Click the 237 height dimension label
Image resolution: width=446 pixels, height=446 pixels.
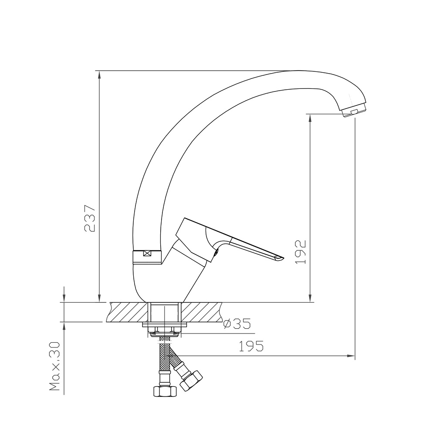click(90, 218)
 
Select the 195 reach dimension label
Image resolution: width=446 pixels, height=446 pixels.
click(251, 347)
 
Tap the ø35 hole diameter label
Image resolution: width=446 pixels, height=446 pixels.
click(237, 324)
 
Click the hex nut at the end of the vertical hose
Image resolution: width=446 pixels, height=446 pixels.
click(164, 390)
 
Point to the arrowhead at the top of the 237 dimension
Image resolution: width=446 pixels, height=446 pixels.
click(100, 74)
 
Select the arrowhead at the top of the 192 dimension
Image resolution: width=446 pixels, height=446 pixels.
click(310, 118)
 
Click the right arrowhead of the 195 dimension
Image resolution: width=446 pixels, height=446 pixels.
click(350, 356)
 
